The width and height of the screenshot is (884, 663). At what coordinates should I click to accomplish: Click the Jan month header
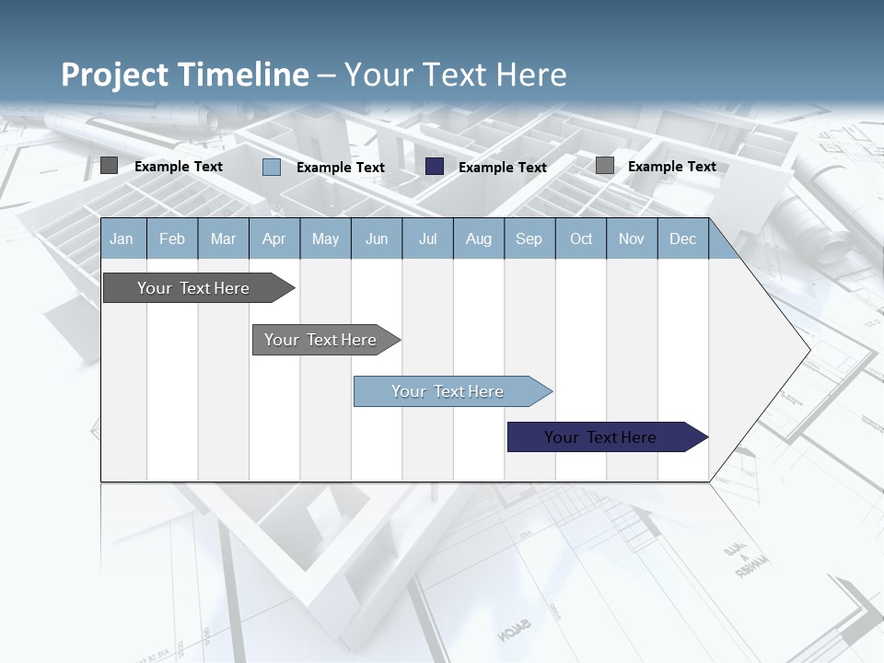pos(122,238)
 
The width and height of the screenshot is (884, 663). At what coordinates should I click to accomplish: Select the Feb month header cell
pos(172,238)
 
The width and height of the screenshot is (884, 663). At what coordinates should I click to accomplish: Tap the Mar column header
pos(223,238)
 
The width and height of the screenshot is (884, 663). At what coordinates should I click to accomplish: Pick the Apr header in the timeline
pos(273,238)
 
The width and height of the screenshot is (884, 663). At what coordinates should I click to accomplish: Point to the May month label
pos(325,238)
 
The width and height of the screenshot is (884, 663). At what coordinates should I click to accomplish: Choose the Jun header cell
pos(377,238)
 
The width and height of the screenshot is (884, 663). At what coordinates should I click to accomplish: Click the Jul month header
pos(427,238)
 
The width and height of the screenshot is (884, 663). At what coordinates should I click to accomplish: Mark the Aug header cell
pos(479,238)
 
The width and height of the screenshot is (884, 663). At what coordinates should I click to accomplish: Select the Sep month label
pos(529,238)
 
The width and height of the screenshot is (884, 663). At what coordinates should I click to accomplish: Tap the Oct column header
pos(581,238)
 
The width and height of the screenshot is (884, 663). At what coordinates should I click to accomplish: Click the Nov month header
pos(632,238)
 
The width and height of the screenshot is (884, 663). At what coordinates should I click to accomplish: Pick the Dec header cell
pos(682,238)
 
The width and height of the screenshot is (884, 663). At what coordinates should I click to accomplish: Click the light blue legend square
pos(272,167)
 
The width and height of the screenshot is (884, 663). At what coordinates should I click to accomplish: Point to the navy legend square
pos(435,167)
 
